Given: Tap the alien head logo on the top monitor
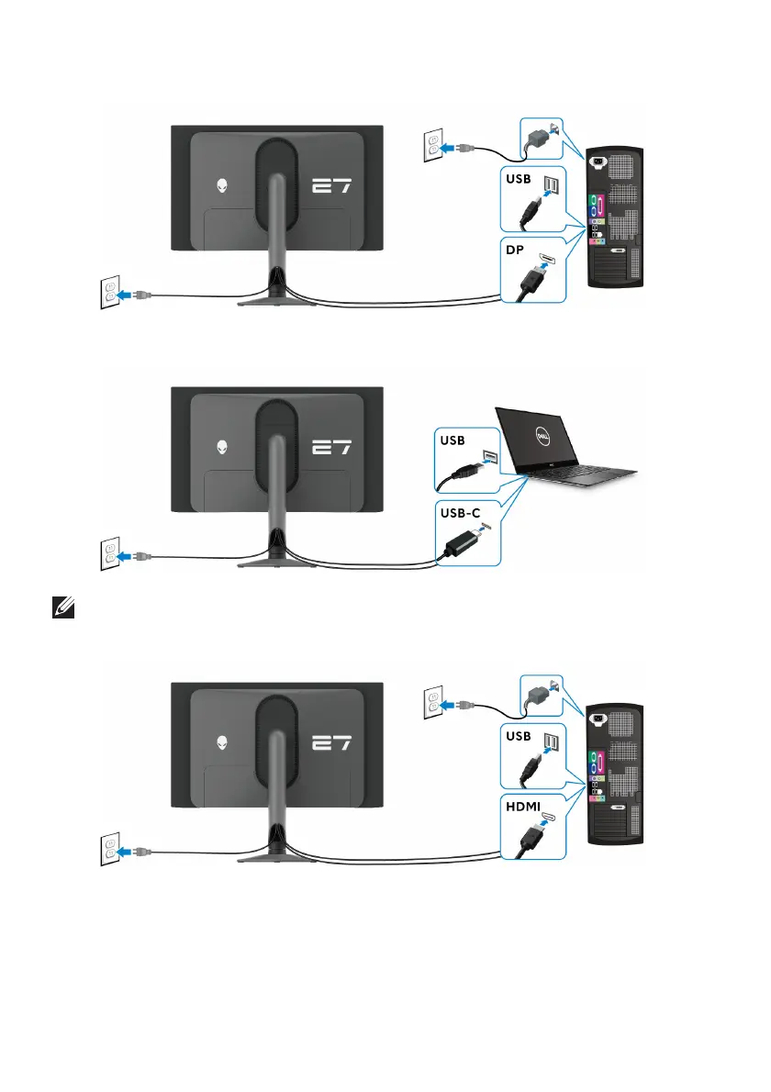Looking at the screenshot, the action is point(223,185).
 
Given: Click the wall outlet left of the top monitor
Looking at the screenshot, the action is point(109,293).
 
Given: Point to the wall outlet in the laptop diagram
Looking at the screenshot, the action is point(109,554).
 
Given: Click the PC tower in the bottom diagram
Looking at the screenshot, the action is point(617,774).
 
